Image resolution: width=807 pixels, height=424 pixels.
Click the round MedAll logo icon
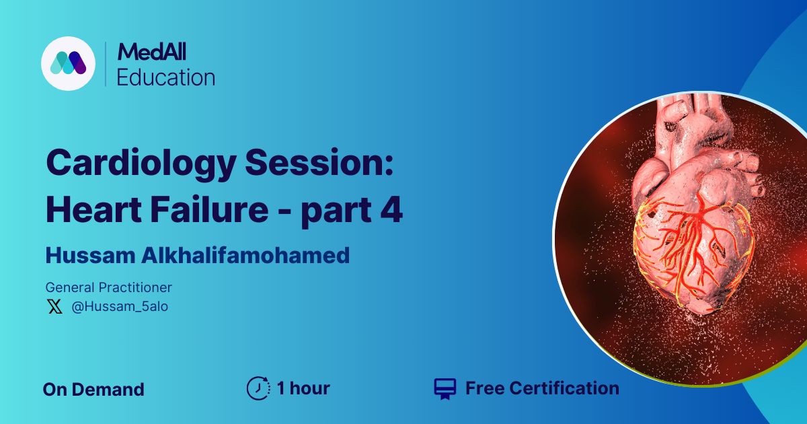tap(68, 63)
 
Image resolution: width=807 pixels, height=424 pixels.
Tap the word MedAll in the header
tap(152, 52)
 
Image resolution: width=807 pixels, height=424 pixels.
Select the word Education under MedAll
tap(165, 77)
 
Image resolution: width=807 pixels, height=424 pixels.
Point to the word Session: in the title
tap(319, 162)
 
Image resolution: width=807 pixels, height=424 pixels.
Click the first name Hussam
tap(90, 256)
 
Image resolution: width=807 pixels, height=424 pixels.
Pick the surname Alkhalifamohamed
tap(245, 255)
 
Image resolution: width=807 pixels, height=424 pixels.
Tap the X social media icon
tap(54, 306)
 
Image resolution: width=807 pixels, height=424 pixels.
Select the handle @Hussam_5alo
tap(120, 306)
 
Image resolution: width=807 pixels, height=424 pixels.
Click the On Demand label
tap(93, 390)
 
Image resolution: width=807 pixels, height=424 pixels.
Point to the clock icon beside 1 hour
tap(258, 388)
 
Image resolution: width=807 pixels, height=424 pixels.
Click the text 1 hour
tap(303, 388)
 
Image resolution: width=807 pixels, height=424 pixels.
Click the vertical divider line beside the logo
tap(106, 64)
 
